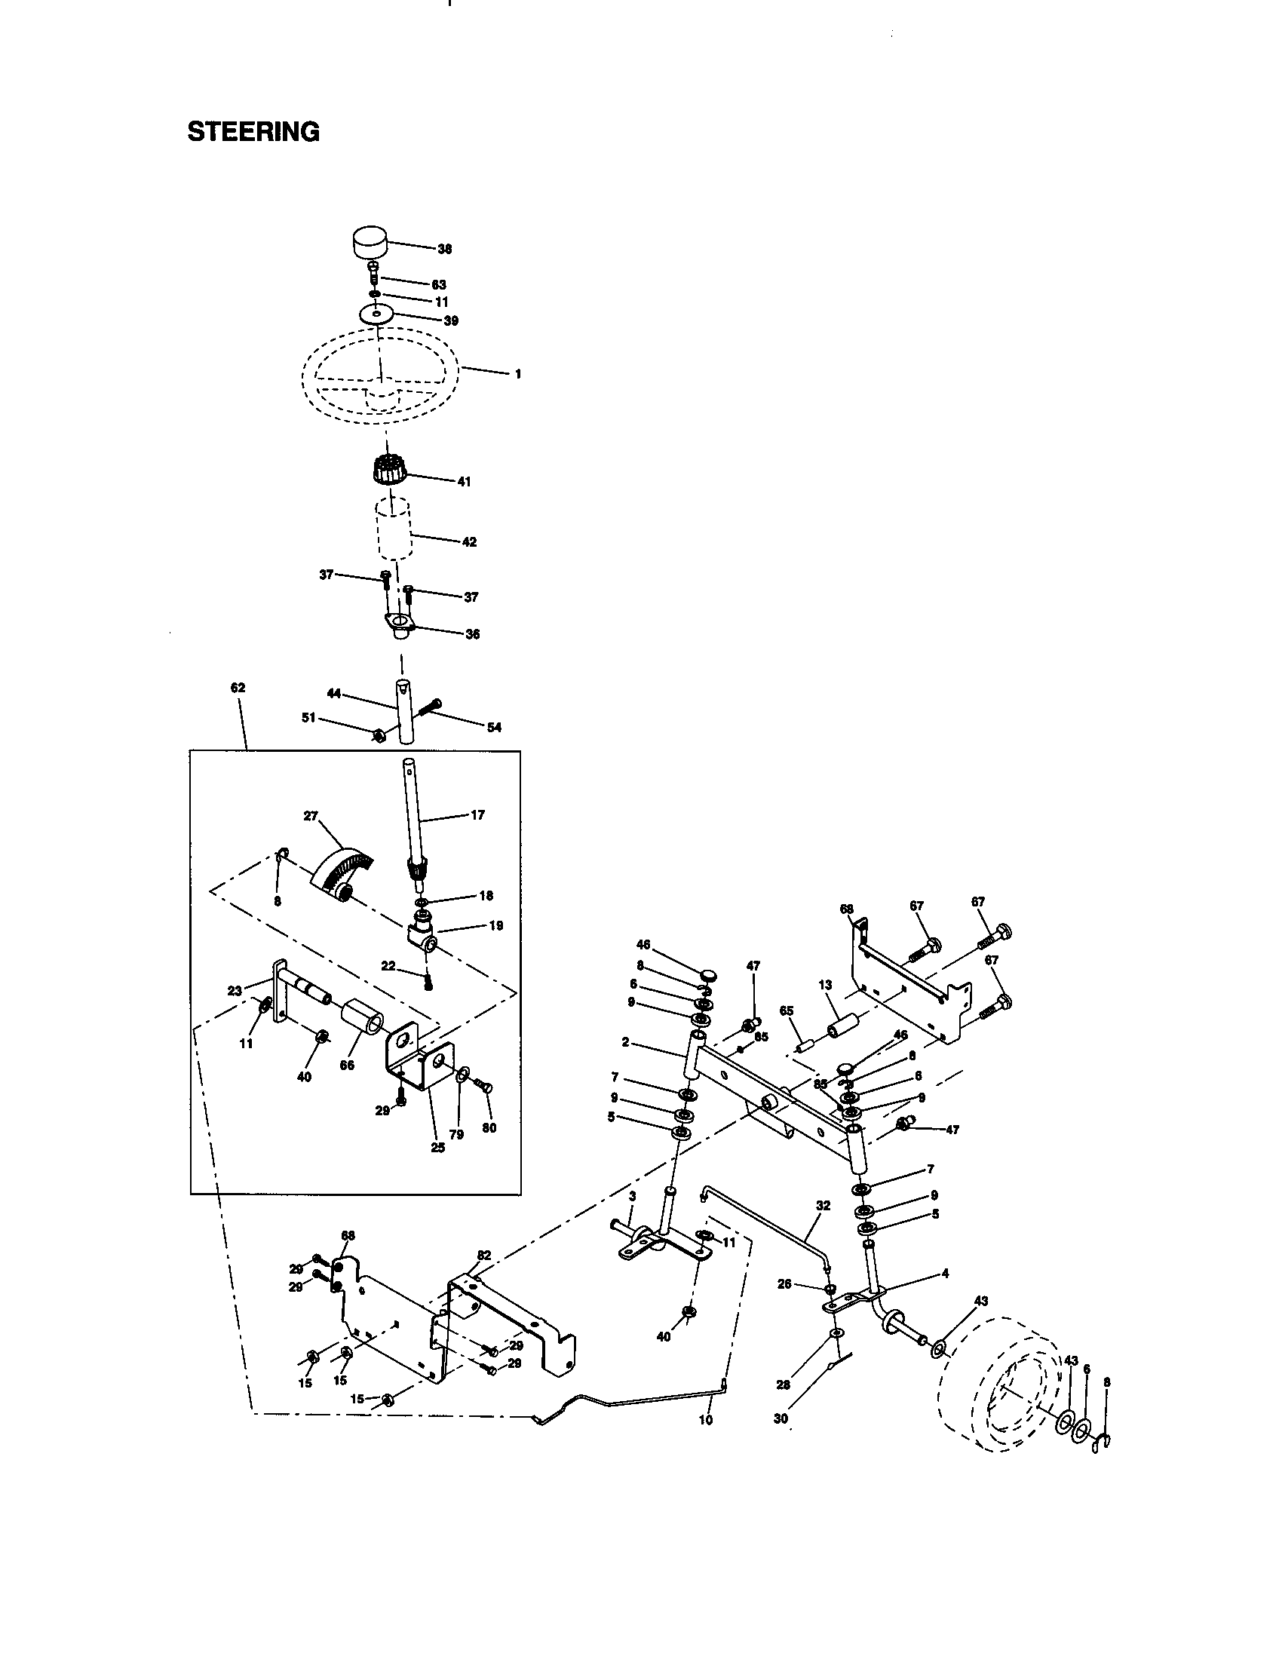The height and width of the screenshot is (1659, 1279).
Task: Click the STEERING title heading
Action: coord(253,132)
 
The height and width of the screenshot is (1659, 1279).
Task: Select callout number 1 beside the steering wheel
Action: coord(518,375)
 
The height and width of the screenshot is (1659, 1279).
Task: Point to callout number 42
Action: coord(469,542)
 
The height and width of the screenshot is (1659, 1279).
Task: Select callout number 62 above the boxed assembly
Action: coord(238,688)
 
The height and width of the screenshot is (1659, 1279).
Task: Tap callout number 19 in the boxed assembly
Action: coord(496,926)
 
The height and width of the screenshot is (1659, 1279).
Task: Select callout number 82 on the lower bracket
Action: coord(484,1255)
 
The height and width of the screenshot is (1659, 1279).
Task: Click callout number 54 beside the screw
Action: coord(494,728)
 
